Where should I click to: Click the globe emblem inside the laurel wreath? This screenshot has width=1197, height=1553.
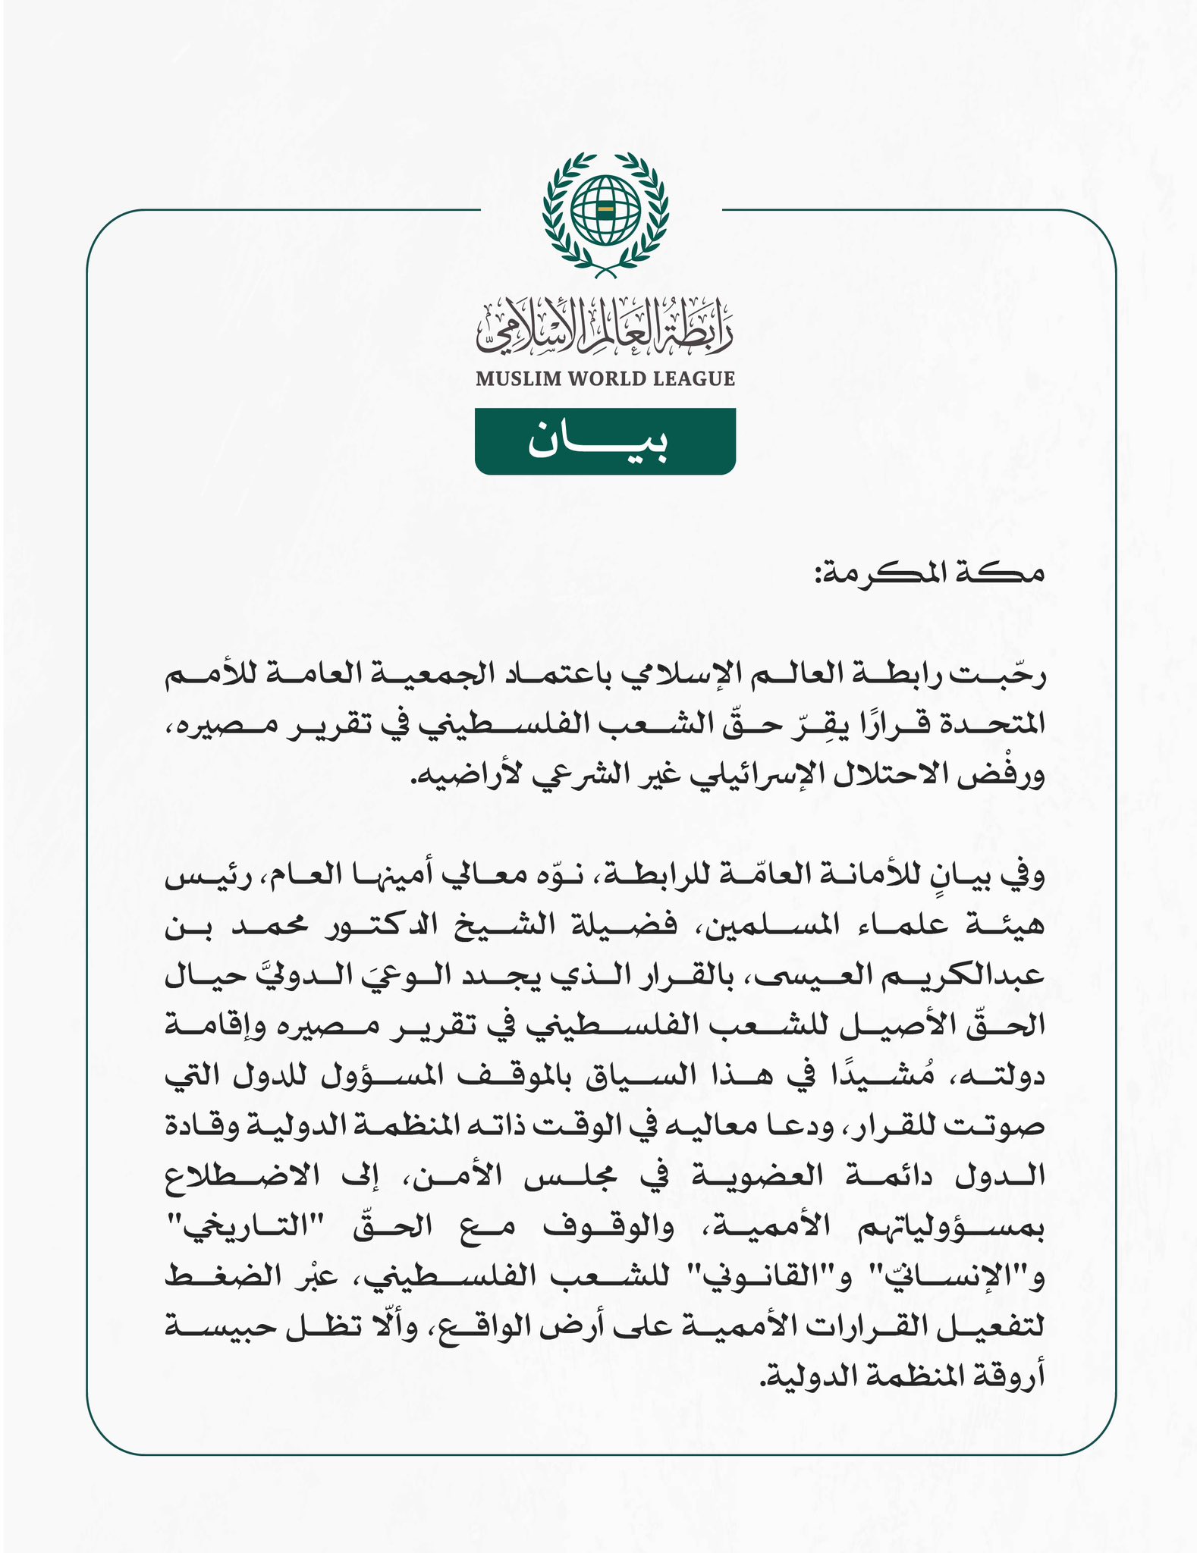coord(605,208)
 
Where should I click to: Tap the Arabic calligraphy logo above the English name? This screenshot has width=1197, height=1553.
coord(605,330)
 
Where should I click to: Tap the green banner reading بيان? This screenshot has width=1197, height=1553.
coord(605,441)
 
